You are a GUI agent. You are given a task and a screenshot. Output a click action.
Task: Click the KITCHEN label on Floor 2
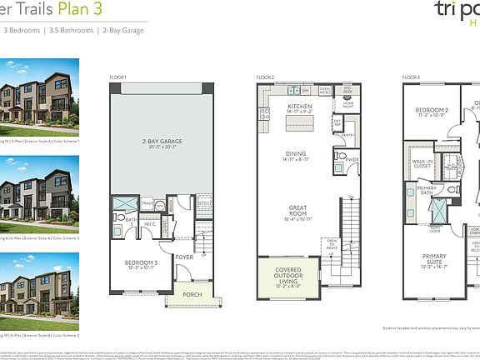point(299,107)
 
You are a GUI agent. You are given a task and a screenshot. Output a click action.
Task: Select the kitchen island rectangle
point(299,124)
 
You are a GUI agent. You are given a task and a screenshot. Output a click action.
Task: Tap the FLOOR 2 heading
point(266,77)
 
